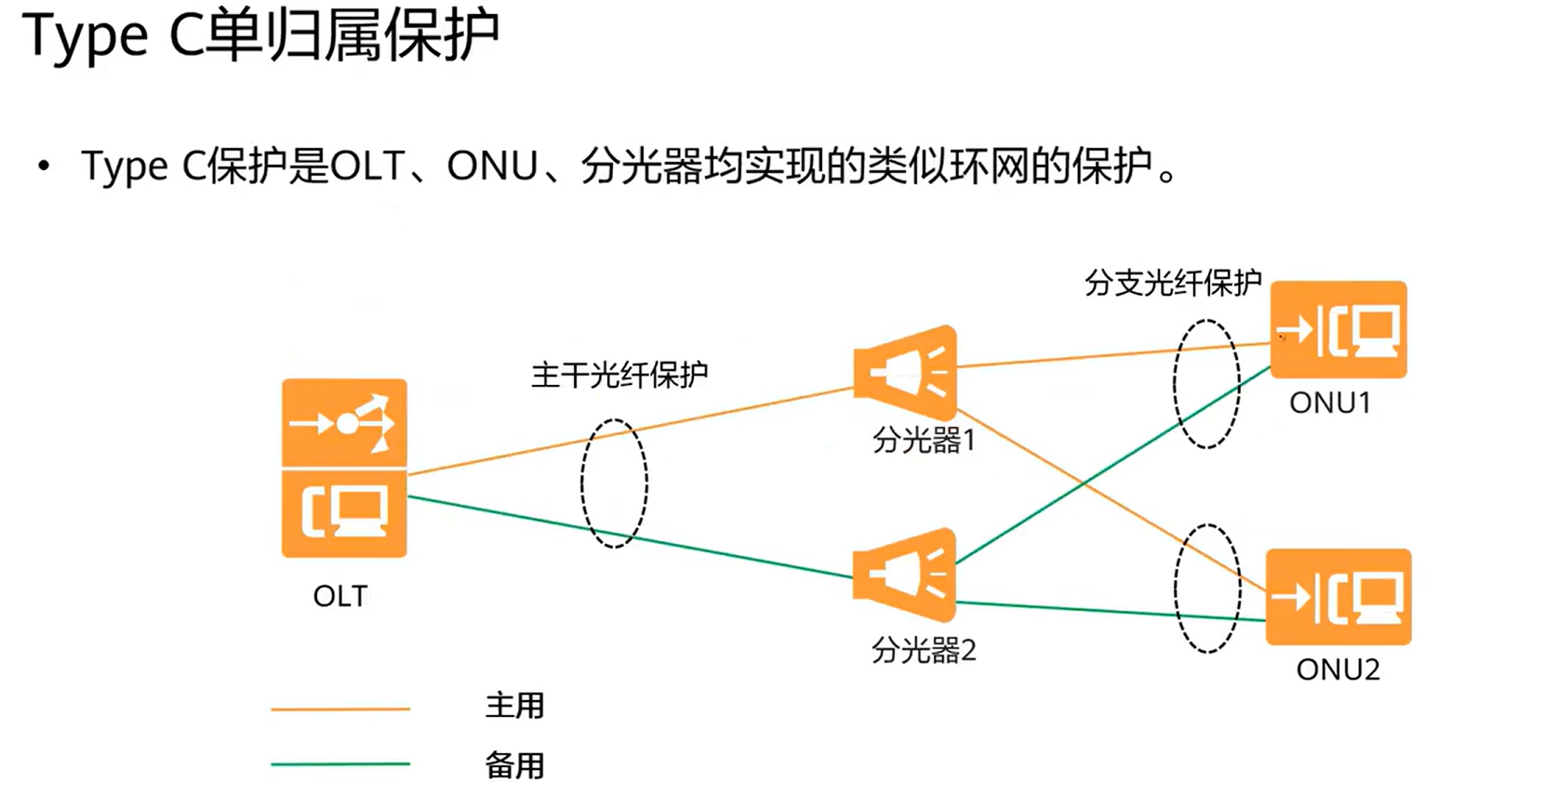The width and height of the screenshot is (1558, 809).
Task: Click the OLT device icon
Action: point(344,468)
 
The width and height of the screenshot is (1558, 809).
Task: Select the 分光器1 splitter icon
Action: point(905,372)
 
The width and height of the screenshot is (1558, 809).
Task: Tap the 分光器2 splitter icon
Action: point(905,575)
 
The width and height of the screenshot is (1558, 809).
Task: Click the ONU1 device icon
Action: point(1338,329)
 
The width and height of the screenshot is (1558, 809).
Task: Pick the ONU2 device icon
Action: point(1338,597)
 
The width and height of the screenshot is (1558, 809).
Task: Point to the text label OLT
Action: point(340,596)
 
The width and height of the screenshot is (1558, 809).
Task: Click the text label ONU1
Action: point(1330,403)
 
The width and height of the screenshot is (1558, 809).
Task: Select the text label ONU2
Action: point(1338,670)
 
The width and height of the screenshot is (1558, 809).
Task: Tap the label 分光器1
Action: point(924,440)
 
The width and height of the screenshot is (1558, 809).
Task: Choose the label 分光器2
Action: point(924,650)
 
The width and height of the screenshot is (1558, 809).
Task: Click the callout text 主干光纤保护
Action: point(619,375)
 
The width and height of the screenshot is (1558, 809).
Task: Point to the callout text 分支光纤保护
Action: point(1173,283)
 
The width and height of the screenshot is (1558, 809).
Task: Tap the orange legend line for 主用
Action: point(340,710)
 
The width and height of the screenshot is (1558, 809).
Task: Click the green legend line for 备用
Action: point(340,764)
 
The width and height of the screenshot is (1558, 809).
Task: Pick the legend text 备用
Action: point(514,765)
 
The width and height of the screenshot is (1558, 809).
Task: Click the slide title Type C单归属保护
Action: point(260,37)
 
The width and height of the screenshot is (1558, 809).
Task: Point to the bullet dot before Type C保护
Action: point(44,166)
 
